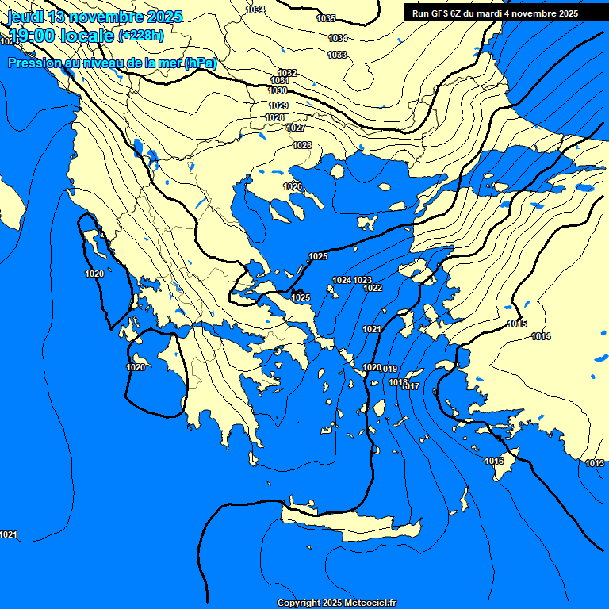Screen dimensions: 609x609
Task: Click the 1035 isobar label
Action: click(x=326, y=18)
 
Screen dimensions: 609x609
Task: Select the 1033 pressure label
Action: click(x=337, y=55)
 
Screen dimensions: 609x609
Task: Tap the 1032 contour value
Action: click(x=287, y=73)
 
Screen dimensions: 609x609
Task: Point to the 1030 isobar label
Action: click(x=278, y=91)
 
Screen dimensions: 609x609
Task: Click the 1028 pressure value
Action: click(x=274, y=117)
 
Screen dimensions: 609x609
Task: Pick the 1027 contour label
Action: click(x=296, y=128)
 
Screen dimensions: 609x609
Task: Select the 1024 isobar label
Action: click(x=342, y=280)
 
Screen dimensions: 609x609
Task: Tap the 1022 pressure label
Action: click(x=373, y=288)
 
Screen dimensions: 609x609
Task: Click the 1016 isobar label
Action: click(x=494, y=461)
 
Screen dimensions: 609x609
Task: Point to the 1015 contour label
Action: click(x=517, y=324)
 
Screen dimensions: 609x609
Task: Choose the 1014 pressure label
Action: click(x=541, y=337)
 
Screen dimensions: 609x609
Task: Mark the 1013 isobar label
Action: click(x=595, y=463)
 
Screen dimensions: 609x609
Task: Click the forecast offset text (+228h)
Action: click(x=140, y=36)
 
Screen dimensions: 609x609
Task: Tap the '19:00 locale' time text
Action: click(x=60, y=36)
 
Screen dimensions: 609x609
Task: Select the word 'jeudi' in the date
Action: click(x=25, y=17)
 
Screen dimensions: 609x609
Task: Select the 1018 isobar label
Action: click(x=398, y=383)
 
